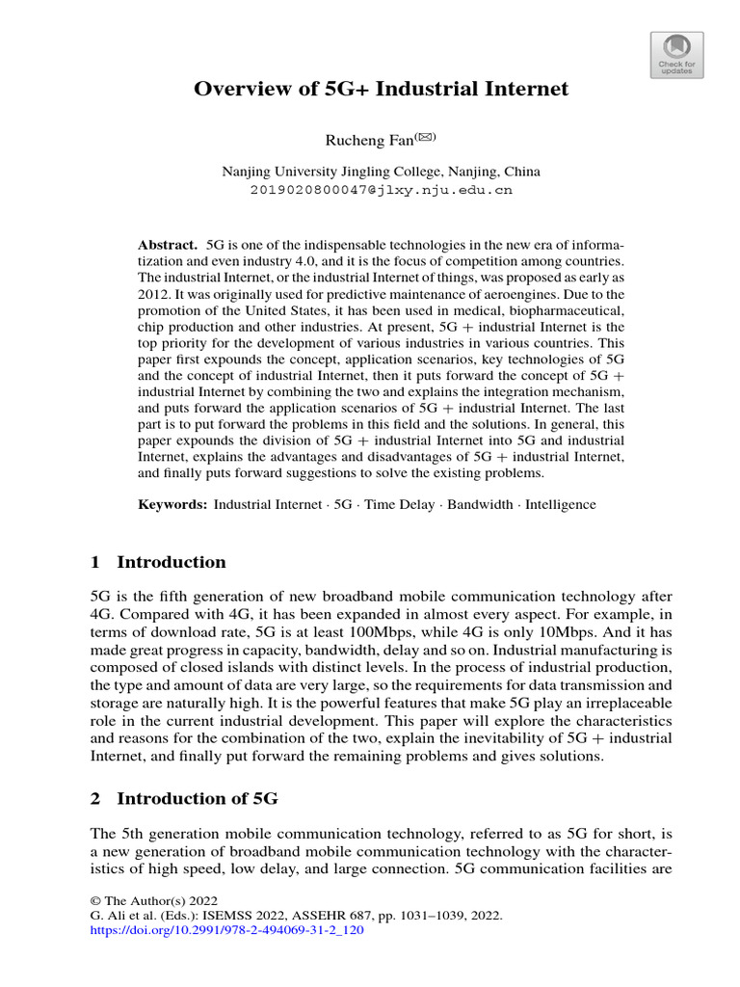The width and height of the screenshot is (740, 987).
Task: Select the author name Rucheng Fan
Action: click(x=368, y=142)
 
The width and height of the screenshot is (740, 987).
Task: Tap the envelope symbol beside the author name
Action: click(x=425, y=138)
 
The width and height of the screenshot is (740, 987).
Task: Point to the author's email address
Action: click(x=381, y=190)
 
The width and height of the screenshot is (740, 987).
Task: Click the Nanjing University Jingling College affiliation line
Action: click(x=381, y=172)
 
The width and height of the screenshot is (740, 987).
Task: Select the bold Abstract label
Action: click(x=167, y=245)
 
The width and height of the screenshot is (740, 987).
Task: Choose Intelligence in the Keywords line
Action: click(x=561, y=504)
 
